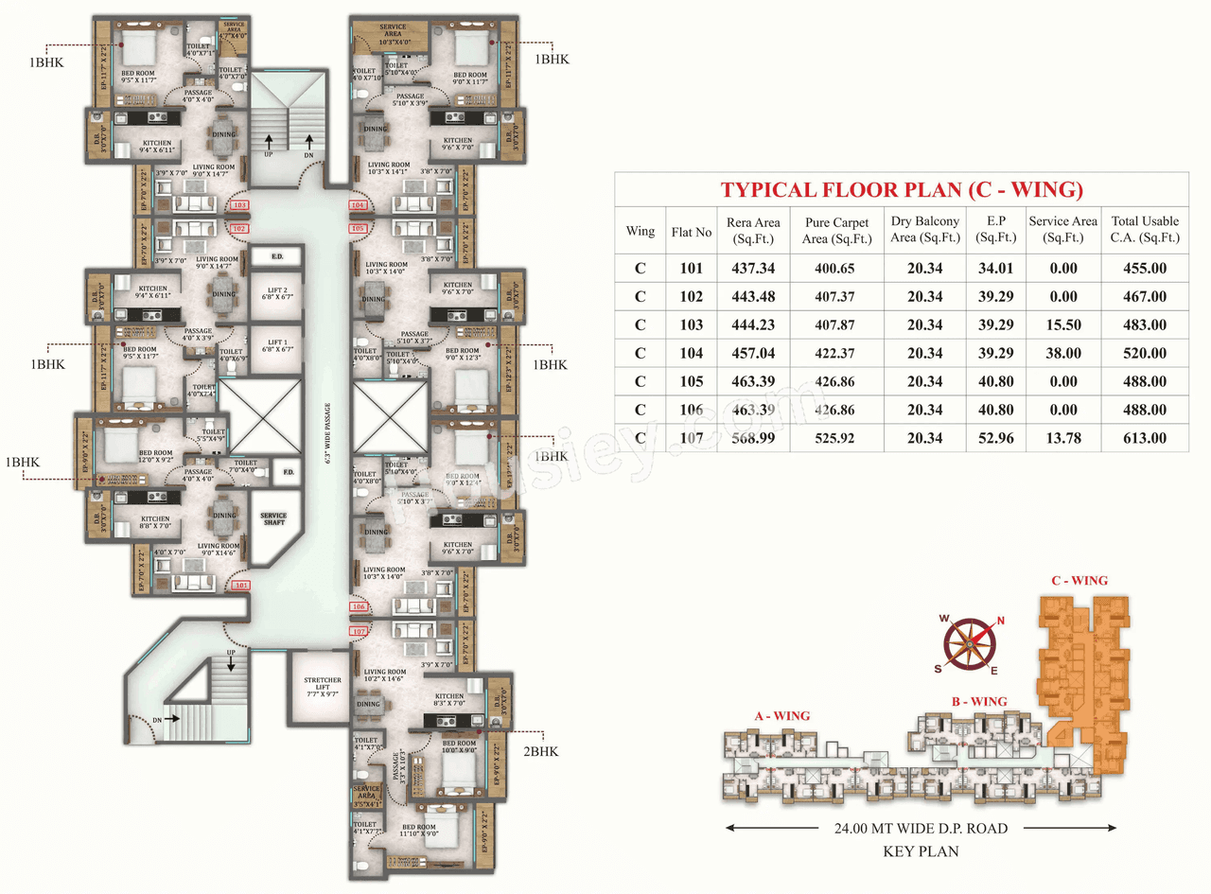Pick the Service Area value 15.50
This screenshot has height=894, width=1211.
(1063, 324)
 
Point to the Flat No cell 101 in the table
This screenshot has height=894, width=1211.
(691, 268)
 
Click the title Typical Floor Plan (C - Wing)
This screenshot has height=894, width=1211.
(902, 189)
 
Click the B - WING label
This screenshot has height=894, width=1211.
(979, 701)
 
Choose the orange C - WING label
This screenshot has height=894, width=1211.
(1079, 581)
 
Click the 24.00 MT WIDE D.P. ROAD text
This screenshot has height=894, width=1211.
(921, 829)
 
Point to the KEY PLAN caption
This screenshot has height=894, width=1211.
(921, 851)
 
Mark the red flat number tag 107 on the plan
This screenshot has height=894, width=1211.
(359, 631)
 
